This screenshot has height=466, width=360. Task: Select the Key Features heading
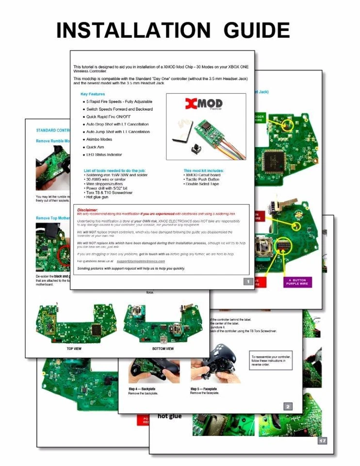(x=93, y=94)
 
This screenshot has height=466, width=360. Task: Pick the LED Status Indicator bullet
(x=104, y=154)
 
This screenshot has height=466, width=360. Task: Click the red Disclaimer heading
(x=88, y=210)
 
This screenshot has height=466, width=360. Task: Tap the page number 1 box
(x=248, y=281)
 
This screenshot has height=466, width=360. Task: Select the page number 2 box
(x=288, y=406)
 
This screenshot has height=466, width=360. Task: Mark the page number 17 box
(x=322, y=441)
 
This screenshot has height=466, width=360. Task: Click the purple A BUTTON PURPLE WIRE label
(x=297, y=282)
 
